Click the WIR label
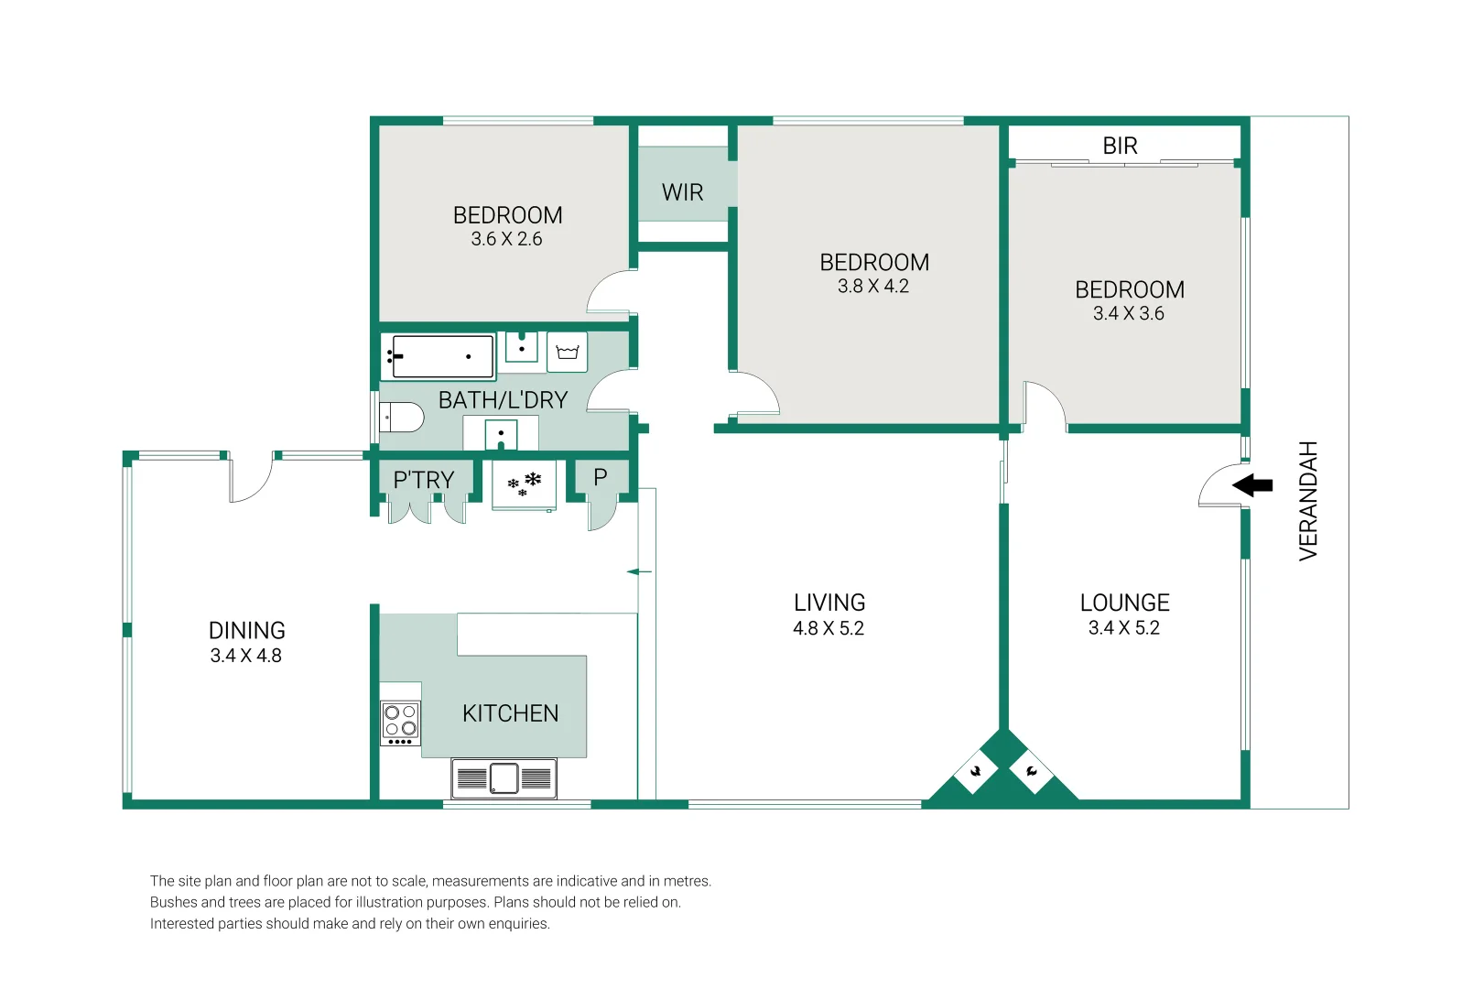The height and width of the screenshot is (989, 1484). [x=682, y=192]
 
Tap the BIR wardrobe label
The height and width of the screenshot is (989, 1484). [x=1120, y=146]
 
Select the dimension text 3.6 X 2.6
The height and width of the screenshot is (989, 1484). [x=506, y=239]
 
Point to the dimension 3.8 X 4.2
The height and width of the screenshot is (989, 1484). [x=872, y=286]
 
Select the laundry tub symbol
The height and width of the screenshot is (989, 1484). [x=568, y=353]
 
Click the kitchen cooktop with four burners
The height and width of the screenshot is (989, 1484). [x=401, y=722]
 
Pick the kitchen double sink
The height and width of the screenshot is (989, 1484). [x=504, y=778]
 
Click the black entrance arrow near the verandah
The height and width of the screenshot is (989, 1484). [x=1253, y=485]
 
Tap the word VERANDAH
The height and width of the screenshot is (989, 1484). [x=1308, y=500]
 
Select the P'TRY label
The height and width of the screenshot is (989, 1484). [x=423, y=480]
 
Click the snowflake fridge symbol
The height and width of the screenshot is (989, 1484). [x=525, y=484]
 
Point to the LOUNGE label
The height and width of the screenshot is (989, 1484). [x=1124, y=603]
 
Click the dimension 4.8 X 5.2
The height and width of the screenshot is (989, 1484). [x=828, y=628]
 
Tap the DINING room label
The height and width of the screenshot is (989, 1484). [x=246, y=630]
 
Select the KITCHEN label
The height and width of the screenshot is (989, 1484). [x=510, y=713]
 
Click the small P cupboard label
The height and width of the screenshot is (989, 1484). [x=601, y=477]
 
